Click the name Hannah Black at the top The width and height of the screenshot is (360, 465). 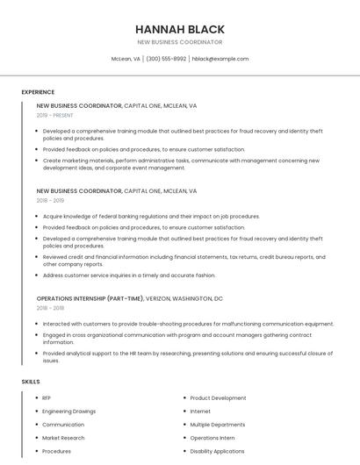pyautogui.click(x=180, y=29)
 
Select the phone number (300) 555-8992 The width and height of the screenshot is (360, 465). pyautogui.click(x=166, y=59)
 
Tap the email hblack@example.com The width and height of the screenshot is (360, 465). pyautogui.click(x=220, y=59)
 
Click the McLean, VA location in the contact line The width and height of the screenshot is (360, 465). pyautogui.click(x=126, y=59)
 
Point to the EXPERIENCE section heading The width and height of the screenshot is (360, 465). pyautogui.click(x=38, y=92)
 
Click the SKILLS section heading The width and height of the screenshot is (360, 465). pyautogui.click(x=31, y=382)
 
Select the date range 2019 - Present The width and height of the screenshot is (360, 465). pyautogui.click(x=55, y=115)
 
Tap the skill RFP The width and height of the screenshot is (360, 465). pyautogui.click(x=47, y=398)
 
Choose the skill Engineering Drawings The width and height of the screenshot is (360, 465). pyautogui.click(x=68, y=411)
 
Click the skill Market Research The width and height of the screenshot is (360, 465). pyautogui.click(x=63, y=438)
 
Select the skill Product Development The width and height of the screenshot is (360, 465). pyautogui.click(x=218, y=398)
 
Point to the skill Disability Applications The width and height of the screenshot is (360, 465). pyautogui.click(x=217, y=451)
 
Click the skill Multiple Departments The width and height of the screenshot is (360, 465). pyautogui.click(x=218, y=425)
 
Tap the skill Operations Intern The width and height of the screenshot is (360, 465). pyautogui.click(x=212, y=438)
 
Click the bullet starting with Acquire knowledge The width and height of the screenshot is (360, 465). pyautogui.click(x=151, y=216)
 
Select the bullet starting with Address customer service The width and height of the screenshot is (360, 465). pyautogui.click(x=129, y=275)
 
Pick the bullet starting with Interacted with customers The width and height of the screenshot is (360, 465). pyautogui.click(x=188, y=323)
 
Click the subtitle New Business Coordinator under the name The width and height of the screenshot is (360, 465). pyautogui.click(x=180, y=42)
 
